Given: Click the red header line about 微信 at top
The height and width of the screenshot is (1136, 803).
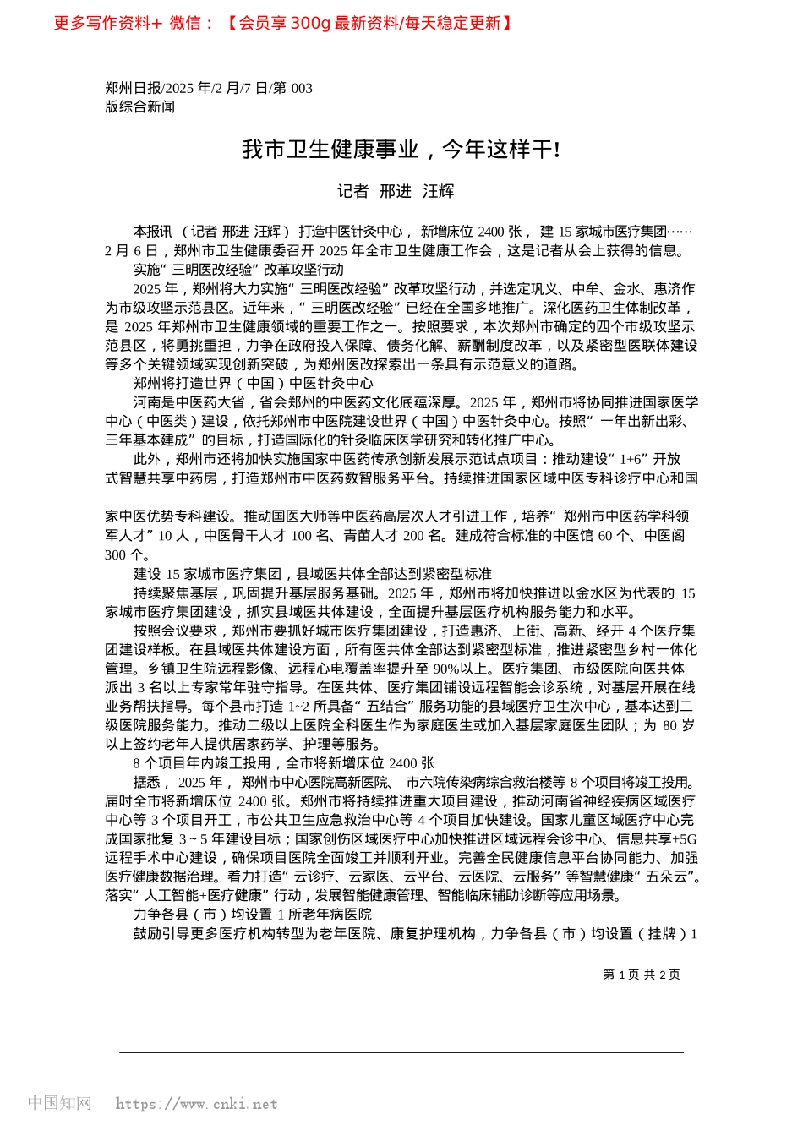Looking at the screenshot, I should tap(283, 23).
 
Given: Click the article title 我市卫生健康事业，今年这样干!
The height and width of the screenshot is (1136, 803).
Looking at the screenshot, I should tap(401, 150).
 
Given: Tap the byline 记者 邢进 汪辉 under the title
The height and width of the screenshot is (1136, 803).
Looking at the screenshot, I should tap(396, 192).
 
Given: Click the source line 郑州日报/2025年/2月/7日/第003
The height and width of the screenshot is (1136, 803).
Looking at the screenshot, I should tap(209, 88).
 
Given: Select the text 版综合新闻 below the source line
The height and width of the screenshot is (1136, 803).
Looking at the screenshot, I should tap(140, 106).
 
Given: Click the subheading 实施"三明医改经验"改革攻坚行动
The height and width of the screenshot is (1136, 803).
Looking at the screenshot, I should tap(238, 270).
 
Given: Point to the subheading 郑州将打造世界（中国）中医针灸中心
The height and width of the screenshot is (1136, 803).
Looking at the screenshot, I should tap(253, 383).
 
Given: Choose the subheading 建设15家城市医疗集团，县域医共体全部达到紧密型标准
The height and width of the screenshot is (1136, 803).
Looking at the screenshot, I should tap(312, 574).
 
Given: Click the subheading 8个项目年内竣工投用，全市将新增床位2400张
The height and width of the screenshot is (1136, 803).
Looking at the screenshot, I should tap(283, 763).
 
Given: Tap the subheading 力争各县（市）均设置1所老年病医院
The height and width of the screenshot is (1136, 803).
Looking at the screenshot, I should tap(252, 915).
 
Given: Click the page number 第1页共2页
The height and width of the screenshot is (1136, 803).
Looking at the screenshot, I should tap(641, 975).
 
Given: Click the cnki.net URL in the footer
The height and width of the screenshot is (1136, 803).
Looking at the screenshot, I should tap(196, 1104).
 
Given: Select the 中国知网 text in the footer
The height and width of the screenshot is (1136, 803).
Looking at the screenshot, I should tap(59, 1103).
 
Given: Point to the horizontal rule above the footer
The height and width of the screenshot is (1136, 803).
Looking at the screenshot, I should tap(401, 1052).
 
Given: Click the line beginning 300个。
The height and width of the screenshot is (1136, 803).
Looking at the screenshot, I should tap(128, 555).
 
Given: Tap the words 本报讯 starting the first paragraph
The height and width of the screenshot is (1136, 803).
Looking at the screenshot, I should tap(153, 232).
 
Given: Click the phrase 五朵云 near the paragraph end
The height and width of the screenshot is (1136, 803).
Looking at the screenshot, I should tap(671, 877).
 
